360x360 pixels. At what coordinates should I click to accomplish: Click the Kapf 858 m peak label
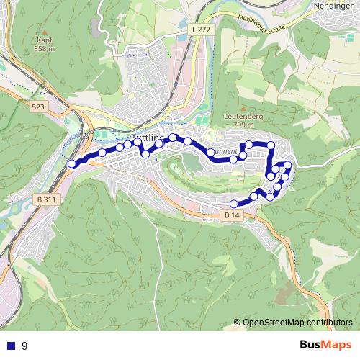44,45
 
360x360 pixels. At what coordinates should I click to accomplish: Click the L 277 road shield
202,29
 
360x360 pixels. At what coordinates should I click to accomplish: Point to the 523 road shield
39,106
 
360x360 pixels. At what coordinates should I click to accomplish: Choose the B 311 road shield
45,199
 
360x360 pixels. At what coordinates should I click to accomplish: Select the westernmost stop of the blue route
72,164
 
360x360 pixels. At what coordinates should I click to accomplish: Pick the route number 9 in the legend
24,346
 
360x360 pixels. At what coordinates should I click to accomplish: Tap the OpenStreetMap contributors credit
297,323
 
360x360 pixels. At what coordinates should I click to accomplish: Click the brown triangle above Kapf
44,32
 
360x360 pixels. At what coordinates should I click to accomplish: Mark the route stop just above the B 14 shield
233,204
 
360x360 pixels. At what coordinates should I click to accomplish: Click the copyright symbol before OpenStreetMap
238,323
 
